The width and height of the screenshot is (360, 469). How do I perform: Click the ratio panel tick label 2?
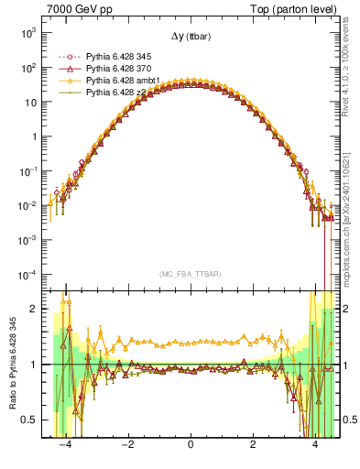point(36,309)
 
